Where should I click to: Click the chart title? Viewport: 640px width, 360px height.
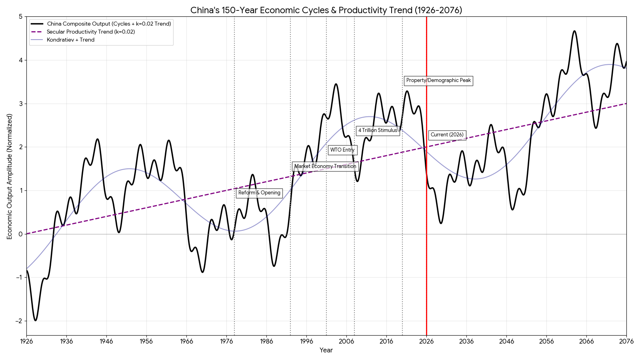pyautogui.click(x=326, y=10)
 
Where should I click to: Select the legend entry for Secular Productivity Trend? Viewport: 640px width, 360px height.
pyautogui.click(x=91, y=32)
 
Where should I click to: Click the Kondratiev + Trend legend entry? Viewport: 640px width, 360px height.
pyautogui.click(x=70, y=40)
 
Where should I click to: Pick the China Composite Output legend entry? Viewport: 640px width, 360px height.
pyautogui.click(x=109, y=24)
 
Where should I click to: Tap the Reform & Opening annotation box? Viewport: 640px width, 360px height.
pyautogui.click(x=259, y=193)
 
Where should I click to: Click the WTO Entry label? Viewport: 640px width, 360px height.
pyautogui.click(x=342, y=150)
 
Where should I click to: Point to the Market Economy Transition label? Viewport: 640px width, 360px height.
pyautogui.click(x=325, y=166)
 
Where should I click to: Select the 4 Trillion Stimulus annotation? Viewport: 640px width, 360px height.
pyautogui.click(x=378, y=130)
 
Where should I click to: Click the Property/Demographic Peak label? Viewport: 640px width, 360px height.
pyautogui.click(x=438, y=80)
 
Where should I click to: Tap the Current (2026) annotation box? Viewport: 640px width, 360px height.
pyautogui.click(x=447, y=135)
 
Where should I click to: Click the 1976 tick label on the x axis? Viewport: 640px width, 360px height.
pyautogui.click(x=226, y=341)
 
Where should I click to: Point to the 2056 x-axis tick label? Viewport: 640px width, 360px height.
pyautogui.click(x=546, y=341)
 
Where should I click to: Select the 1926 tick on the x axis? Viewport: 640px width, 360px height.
pyautogui.click(x=26, y=341)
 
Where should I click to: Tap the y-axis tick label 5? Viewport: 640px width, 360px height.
pyautogui.click(x=20, y=17)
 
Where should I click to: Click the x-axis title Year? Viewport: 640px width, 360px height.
pyautogui.click(x=326, y=350)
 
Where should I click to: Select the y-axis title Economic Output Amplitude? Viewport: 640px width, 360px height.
pyautogui.click(x=10, y=176)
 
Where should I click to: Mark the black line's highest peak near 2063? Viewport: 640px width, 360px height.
pyautogui.click(x=574, y=31)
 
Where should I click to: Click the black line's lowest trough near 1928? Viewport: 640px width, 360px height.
pyautogui.click(x=35, y=320)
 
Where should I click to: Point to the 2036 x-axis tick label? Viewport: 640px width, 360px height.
pyautogui.click(x=466, y=341)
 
